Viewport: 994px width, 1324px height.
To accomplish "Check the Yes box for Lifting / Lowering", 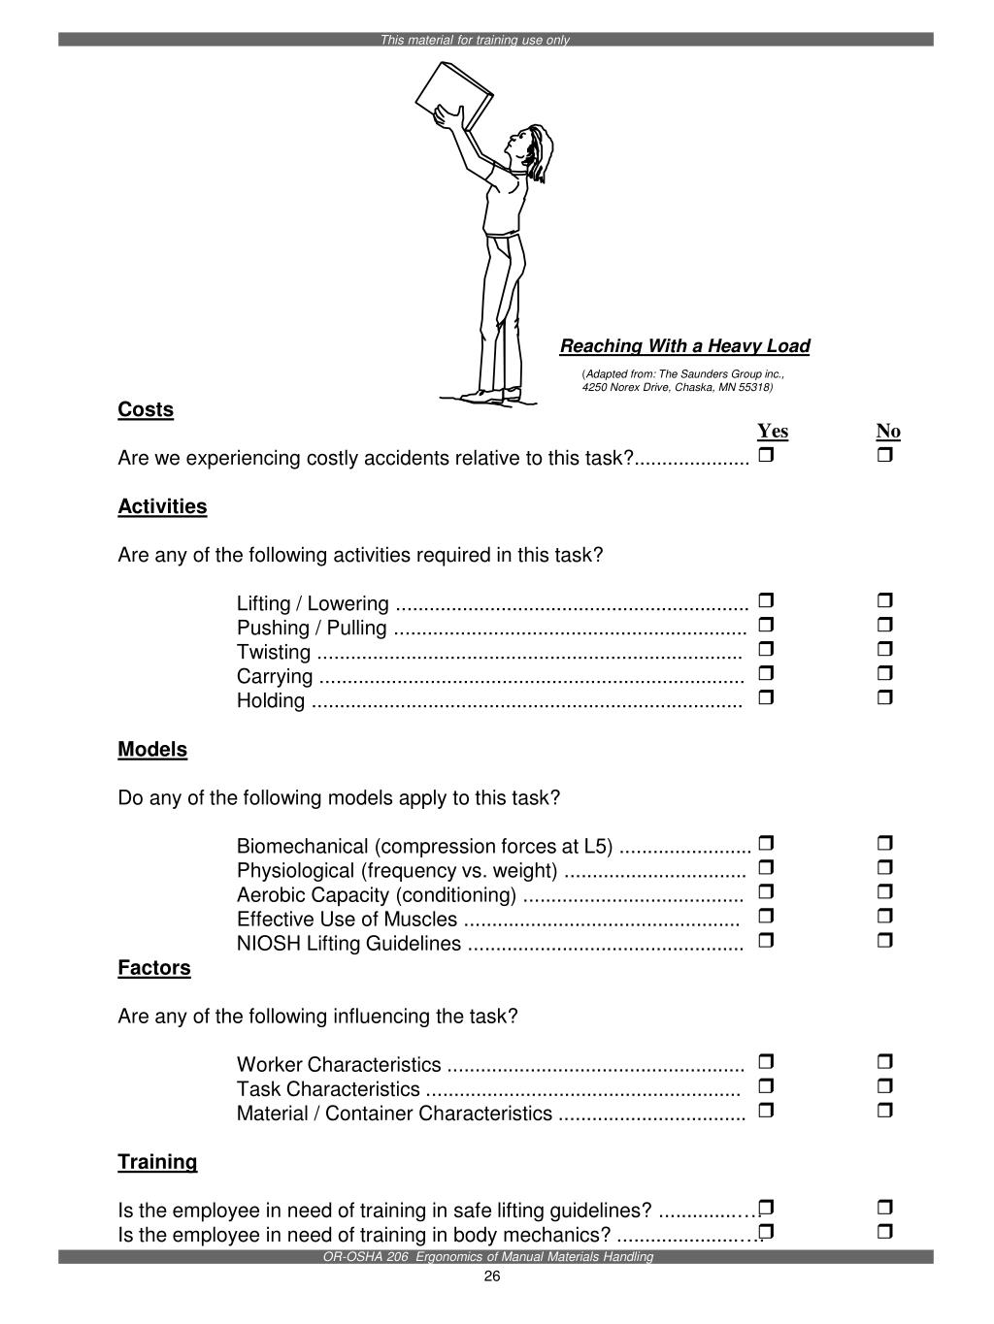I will tap(766, 601).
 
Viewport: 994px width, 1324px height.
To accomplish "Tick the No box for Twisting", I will tap(884, 649).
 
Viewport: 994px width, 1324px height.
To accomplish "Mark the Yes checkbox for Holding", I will tap(766, 697).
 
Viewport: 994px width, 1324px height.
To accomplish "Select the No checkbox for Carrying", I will tap(884, 673).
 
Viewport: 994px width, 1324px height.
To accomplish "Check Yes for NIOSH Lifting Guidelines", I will tap(766, 940).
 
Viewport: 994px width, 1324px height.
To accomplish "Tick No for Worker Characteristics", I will tap(884, 1062).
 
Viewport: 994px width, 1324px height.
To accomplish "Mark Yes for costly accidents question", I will tap(766, 455).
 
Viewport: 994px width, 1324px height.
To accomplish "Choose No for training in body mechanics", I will tap(884, 1232).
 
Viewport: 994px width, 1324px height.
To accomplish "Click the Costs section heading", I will tap(146, 409).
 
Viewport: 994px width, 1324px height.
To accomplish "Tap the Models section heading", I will tap(152, 750).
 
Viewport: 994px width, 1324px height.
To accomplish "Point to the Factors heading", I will tap(154, 968).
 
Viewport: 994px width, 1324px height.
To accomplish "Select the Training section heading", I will tap(157, 1162).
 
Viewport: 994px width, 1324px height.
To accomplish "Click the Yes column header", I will tap(773, 432).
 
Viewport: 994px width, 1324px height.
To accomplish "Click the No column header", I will tap(888, 432).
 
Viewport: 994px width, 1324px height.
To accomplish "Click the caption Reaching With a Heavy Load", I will tap(684, 346).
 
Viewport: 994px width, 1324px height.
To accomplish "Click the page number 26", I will tap(492, 1276).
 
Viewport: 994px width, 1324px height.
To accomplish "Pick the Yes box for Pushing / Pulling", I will tap(766, 625).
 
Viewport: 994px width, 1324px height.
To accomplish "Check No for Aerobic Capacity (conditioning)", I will tap(884, 891).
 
